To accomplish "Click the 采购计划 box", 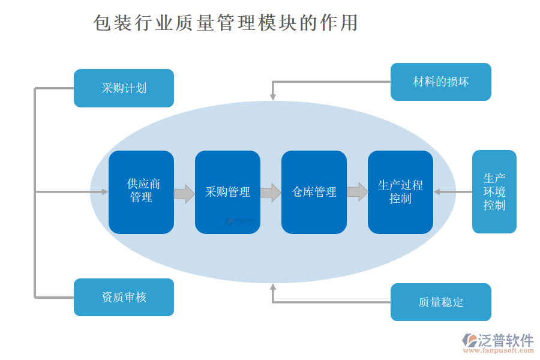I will click(124, 88).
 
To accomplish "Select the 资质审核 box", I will click(124, 297).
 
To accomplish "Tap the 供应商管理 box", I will click(141, 192).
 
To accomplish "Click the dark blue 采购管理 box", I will click(227, 192).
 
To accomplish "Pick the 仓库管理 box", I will click(314, 192).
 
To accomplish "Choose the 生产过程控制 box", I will click(400, 192).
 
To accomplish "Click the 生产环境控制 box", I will click(494, 192).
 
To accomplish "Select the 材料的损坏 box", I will click(440, 82).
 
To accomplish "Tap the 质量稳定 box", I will click(440, 302).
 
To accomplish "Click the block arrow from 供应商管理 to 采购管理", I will click(184, 193).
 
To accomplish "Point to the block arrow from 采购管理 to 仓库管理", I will click(271, 193).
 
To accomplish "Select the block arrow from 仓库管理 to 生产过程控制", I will click(357, 193).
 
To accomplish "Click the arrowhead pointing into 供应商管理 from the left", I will click(104, 192).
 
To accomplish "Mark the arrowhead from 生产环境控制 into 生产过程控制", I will click(437, 192).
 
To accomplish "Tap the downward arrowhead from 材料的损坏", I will click(272, 95).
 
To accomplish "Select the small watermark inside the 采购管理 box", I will click(240, 221).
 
